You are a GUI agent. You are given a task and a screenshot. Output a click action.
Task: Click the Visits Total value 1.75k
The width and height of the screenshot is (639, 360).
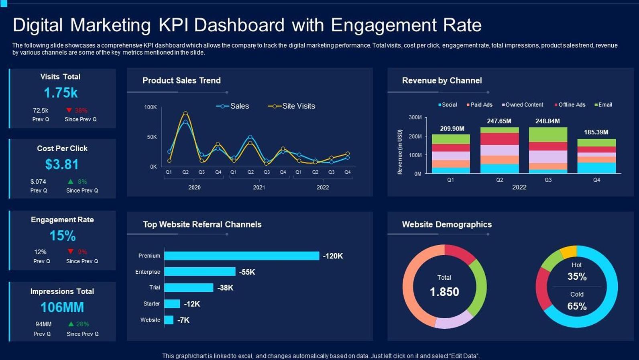click(x=61, y=93)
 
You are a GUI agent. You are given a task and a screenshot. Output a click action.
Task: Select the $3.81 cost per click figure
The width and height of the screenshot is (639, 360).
click(x=62, y=164)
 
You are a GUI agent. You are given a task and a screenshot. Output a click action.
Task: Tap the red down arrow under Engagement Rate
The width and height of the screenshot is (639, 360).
click(x=71, y=251)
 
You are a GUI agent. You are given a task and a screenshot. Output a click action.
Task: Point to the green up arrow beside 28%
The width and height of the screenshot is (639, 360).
click(x=71, y=324)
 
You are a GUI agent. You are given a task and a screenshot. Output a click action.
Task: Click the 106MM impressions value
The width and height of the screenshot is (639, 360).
click(x=62, y=307)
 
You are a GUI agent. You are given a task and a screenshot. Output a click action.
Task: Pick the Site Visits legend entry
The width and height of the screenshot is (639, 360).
click(x=291, y=106)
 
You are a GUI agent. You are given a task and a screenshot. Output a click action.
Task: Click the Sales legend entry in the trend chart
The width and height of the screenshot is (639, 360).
click(x=232, y=106)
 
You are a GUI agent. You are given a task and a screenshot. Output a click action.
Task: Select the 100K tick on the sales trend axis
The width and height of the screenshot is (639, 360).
click(x=151, y=107)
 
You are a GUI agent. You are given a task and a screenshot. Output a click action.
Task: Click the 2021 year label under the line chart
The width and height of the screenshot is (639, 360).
click(x=259, y=187)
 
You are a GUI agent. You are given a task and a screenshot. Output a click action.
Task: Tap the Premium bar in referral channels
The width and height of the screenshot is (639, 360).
click(x=242, y=256)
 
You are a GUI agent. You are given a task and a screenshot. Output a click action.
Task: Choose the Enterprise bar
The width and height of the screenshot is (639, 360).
click(x=200, y=272)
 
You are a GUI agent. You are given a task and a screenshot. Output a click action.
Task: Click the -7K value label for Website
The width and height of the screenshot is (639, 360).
click(x=183, y=320)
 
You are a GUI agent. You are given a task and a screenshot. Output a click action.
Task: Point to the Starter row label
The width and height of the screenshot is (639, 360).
click(x=151, y=303)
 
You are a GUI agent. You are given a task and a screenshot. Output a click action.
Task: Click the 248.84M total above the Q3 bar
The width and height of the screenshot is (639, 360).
click(x=547, y=121)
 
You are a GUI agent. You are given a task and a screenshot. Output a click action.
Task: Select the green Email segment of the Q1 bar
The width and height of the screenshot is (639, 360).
click(x=451, y=139)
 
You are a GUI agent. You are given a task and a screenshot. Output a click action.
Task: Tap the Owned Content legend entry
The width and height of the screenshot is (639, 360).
click(x=523, y=105)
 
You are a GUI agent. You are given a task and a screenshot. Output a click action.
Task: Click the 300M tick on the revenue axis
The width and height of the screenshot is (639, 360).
click(x=415, y=117)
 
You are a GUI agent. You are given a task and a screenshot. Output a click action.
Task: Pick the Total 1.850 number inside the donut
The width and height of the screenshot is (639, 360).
click(x=444, y=292)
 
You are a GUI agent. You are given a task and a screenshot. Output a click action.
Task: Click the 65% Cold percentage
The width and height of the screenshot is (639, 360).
click(x=577, y=306)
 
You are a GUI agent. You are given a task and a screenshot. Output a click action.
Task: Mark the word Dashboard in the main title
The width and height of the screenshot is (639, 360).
click(x=239, y=25)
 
